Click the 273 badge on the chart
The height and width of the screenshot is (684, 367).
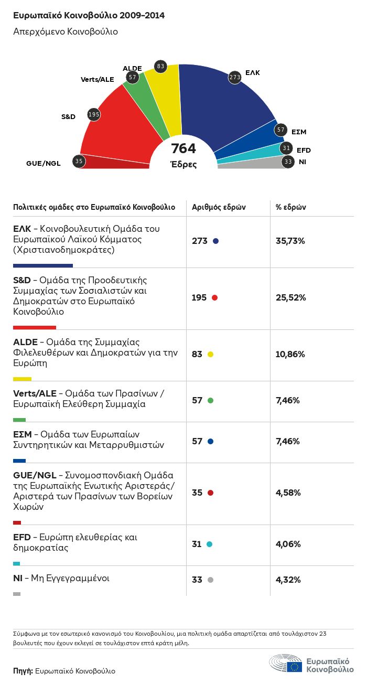pos(234,77)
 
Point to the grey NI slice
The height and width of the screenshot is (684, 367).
pos(246,163)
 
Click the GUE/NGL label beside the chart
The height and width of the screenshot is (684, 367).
pos(44,163)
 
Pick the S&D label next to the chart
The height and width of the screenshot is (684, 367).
pos(69,116)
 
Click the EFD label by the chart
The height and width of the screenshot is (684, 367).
pos(304,151)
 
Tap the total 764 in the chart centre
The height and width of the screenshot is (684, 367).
pos(183,149)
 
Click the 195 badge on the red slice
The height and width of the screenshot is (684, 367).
pos(94,114)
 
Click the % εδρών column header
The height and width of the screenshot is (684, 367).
pos(291,207)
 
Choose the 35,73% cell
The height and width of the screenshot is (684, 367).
pos(290,241)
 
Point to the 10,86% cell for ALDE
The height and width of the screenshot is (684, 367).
pos(290,354)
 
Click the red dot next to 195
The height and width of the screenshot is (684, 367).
pos(214,297)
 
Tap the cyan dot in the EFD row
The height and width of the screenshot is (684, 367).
pos(210,544)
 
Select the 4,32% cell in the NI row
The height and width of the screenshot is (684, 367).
pos(289,580)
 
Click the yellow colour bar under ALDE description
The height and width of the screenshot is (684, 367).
pos(22,379)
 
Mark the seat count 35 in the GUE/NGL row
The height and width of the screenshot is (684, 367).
pos(197,493)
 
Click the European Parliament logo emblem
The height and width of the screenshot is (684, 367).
pos(286,664)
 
